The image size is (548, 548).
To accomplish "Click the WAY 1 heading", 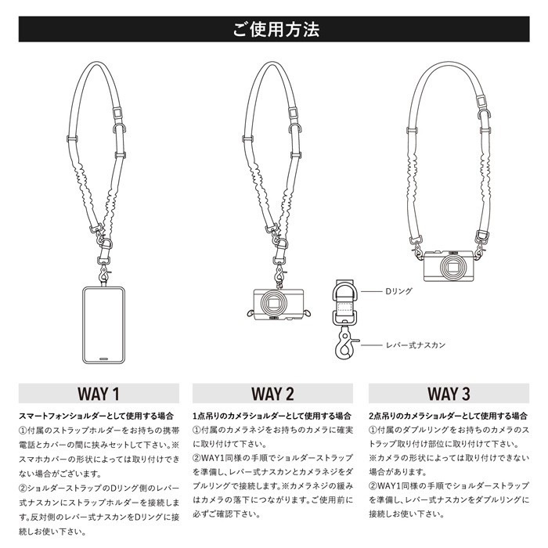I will (99, 392).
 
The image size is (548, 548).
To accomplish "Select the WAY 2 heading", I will (273, 392).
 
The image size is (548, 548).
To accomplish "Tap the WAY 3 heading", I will (449, 392).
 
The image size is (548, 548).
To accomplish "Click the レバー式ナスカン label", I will (412, 344).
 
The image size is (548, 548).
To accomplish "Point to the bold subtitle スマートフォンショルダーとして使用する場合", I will (92, 415).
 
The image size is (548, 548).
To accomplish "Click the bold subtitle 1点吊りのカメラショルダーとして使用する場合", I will (271, 415).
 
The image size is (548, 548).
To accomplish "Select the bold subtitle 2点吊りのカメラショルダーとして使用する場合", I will (446, 415).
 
